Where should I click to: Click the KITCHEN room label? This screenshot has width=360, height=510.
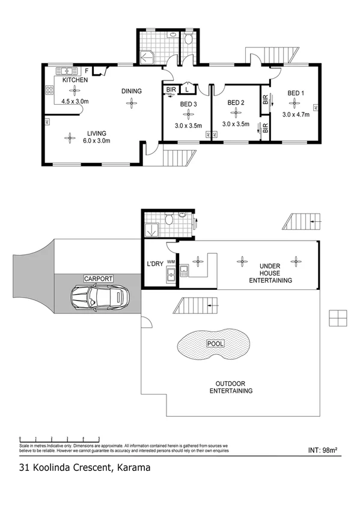coord(75,80)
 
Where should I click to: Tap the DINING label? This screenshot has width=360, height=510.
coord(131,91)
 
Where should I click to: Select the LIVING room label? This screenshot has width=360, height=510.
coord(96,134)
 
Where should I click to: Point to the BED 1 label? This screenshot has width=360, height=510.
coord(296,93)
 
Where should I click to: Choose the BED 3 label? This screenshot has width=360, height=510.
coord(188,103)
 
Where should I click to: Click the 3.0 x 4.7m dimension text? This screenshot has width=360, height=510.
coord(296,114)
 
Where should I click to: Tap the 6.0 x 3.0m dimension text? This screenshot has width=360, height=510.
coord(96,141)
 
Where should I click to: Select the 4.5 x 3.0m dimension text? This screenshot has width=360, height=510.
coord(75,101)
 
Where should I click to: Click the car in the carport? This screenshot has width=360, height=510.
coord(99,296)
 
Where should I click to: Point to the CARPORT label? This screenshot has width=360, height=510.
coord(98,279)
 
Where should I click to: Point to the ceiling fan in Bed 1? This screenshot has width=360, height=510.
coord(295,103)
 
